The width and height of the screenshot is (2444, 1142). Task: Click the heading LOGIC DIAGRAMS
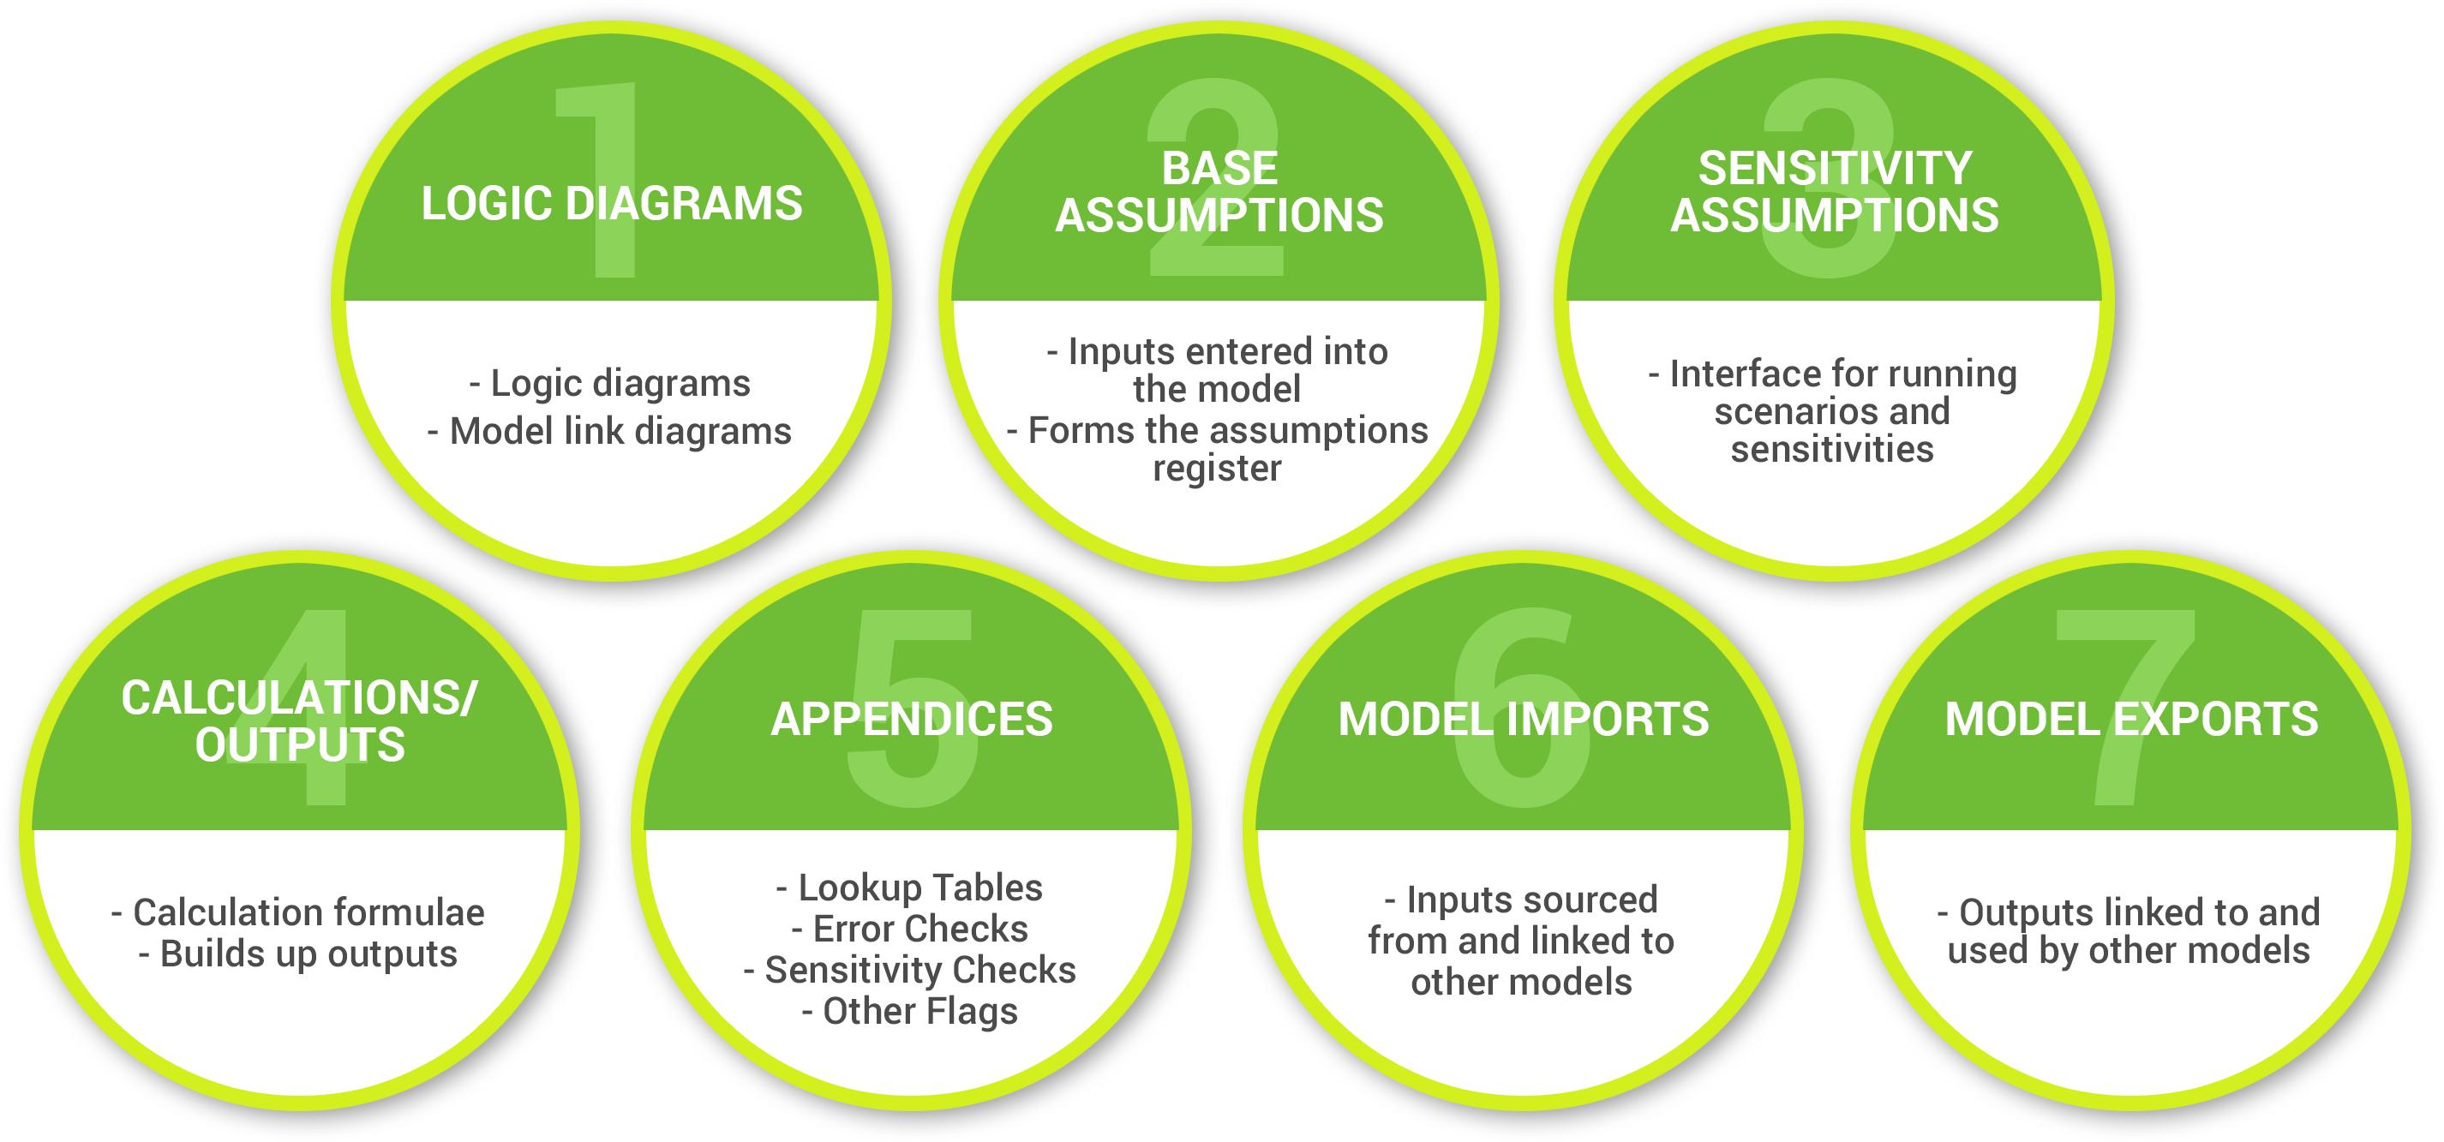click(x=612, y=204)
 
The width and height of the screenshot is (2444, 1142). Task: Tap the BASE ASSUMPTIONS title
click(x=1219, y=192)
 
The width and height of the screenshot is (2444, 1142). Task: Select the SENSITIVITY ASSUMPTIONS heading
click(x=1834, y=192)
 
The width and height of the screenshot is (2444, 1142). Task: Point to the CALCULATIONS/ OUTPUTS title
click(x=300, y=722)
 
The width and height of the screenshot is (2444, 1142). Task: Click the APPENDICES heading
click(x=912, y=719)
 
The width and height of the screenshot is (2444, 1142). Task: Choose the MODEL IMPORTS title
click(x=1524, y=719)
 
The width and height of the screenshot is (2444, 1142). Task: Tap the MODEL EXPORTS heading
click(x=2132, y=719)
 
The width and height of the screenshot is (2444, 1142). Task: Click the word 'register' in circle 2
click(x=1217, y=469)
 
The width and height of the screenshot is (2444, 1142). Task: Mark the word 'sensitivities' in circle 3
click(x=1832, y=450)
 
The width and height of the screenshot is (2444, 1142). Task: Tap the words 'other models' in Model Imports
click(x=1522, y=983)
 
